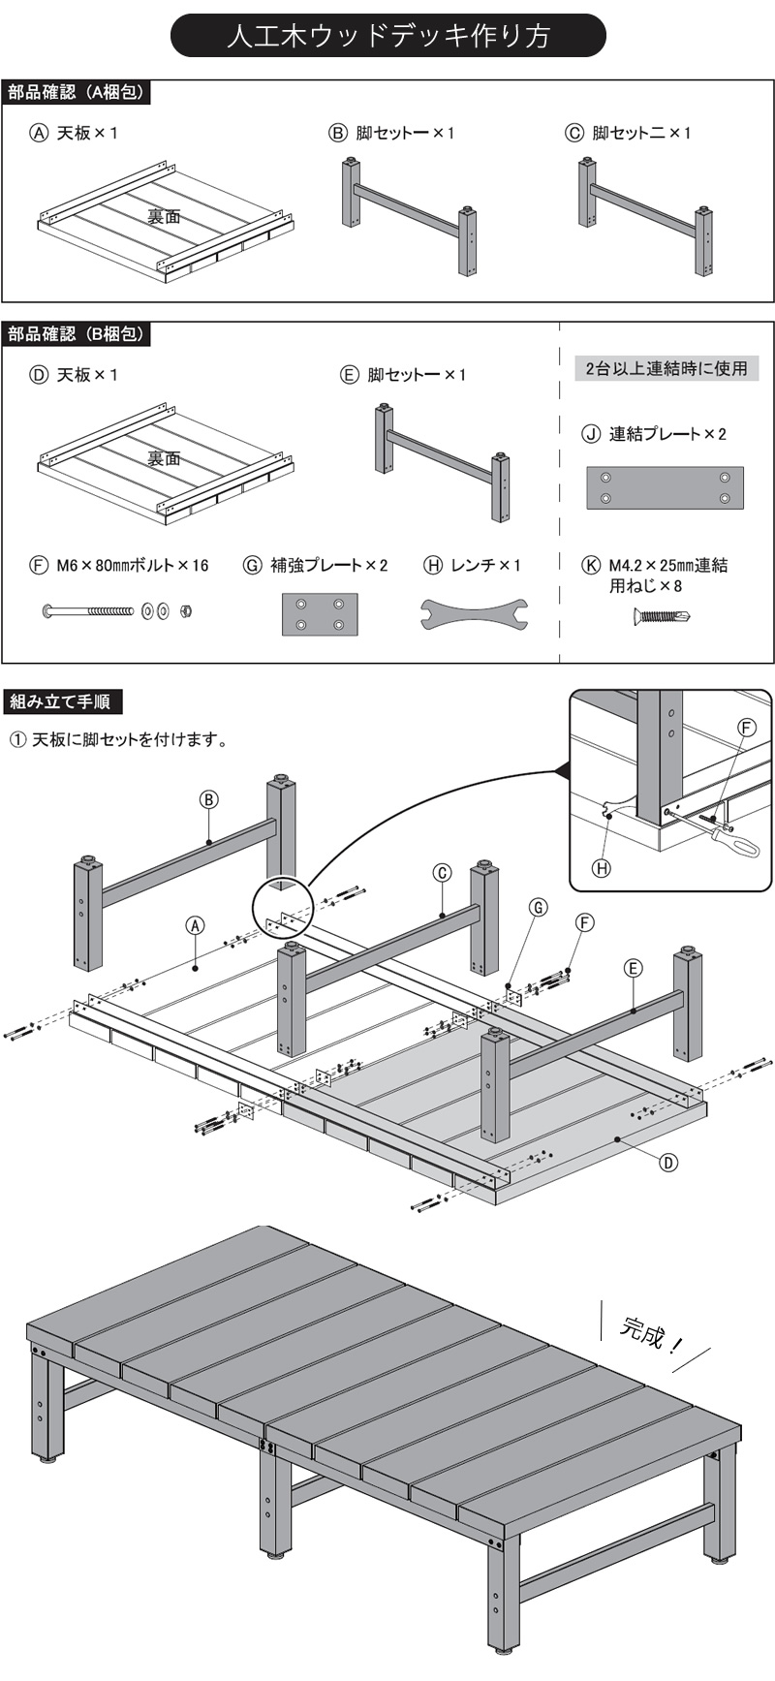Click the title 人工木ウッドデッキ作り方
[x=387, y=36]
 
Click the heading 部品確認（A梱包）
[x=77, y=92]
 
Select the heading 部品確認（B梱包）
[x=77, y=334]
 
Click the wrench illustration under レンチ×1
[x=474, y=613]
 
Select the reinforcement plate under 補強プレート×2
[x=320, y=614]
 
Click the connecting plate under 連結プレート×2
[x=665, y=488]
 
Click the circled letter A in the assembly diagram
[x=196, y=925]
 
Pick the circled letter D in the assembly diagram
[x=668, y=1163]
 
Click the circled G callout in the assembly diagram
[x=538, y=908]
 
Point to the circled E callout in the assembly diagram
[x=634, y=968]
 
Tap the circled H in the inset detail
[x=602, y=868]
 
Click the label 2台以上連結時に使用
[x=666, y=368]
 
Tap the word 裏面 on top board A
[x=164, y=217]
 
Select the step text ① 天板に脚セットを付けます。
[x=120, y=740]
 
